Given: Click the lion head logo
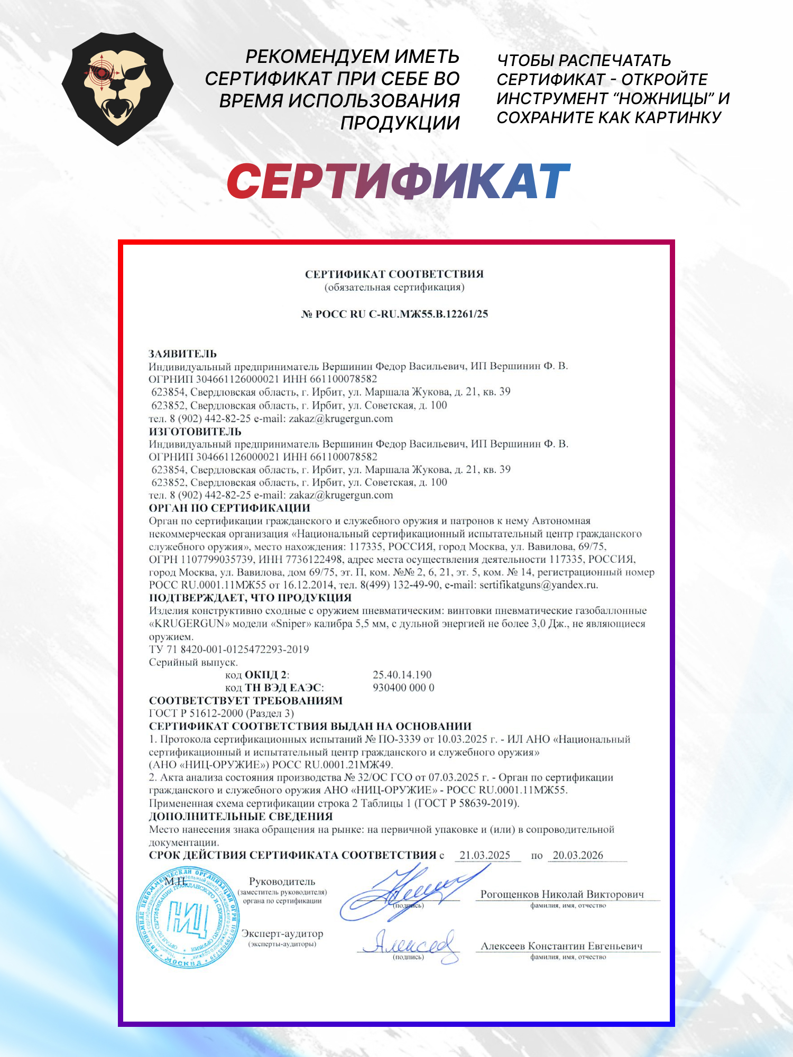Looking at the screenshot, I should [117, 89].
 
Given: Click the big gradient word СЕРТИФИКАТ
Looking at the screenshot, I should [399, 181].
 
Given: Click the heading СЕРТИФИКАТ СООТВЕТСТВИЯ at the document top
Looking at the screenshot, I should [394, 274].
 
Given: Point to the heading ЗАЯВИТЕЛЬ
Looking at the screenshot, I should [182, 354].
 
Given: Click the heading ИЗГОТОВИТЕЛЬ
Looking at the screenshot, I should [195, 431].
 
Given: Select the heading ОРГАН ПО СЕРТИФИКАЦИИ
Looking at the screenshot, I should [229, 508].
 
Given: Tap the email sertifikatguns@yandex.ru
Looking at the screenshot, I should [538, 585].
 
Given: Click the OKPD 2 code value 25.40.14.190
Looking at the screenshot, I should [402, 675].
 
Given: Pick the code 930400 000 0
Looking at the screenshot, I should [403, 688].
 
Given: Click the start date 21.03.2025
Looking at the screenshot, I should [485, 855].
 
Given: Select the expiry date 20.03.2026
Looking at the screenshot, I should [578, 855].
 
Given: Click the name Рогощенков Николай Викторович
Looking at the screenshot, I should [562, 894].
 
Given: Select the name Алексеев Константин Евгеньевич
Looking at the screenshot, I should [561, 946].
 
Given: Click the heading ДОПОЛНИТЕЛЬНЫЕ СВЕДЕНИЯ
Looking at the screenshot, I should [241, 817].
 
